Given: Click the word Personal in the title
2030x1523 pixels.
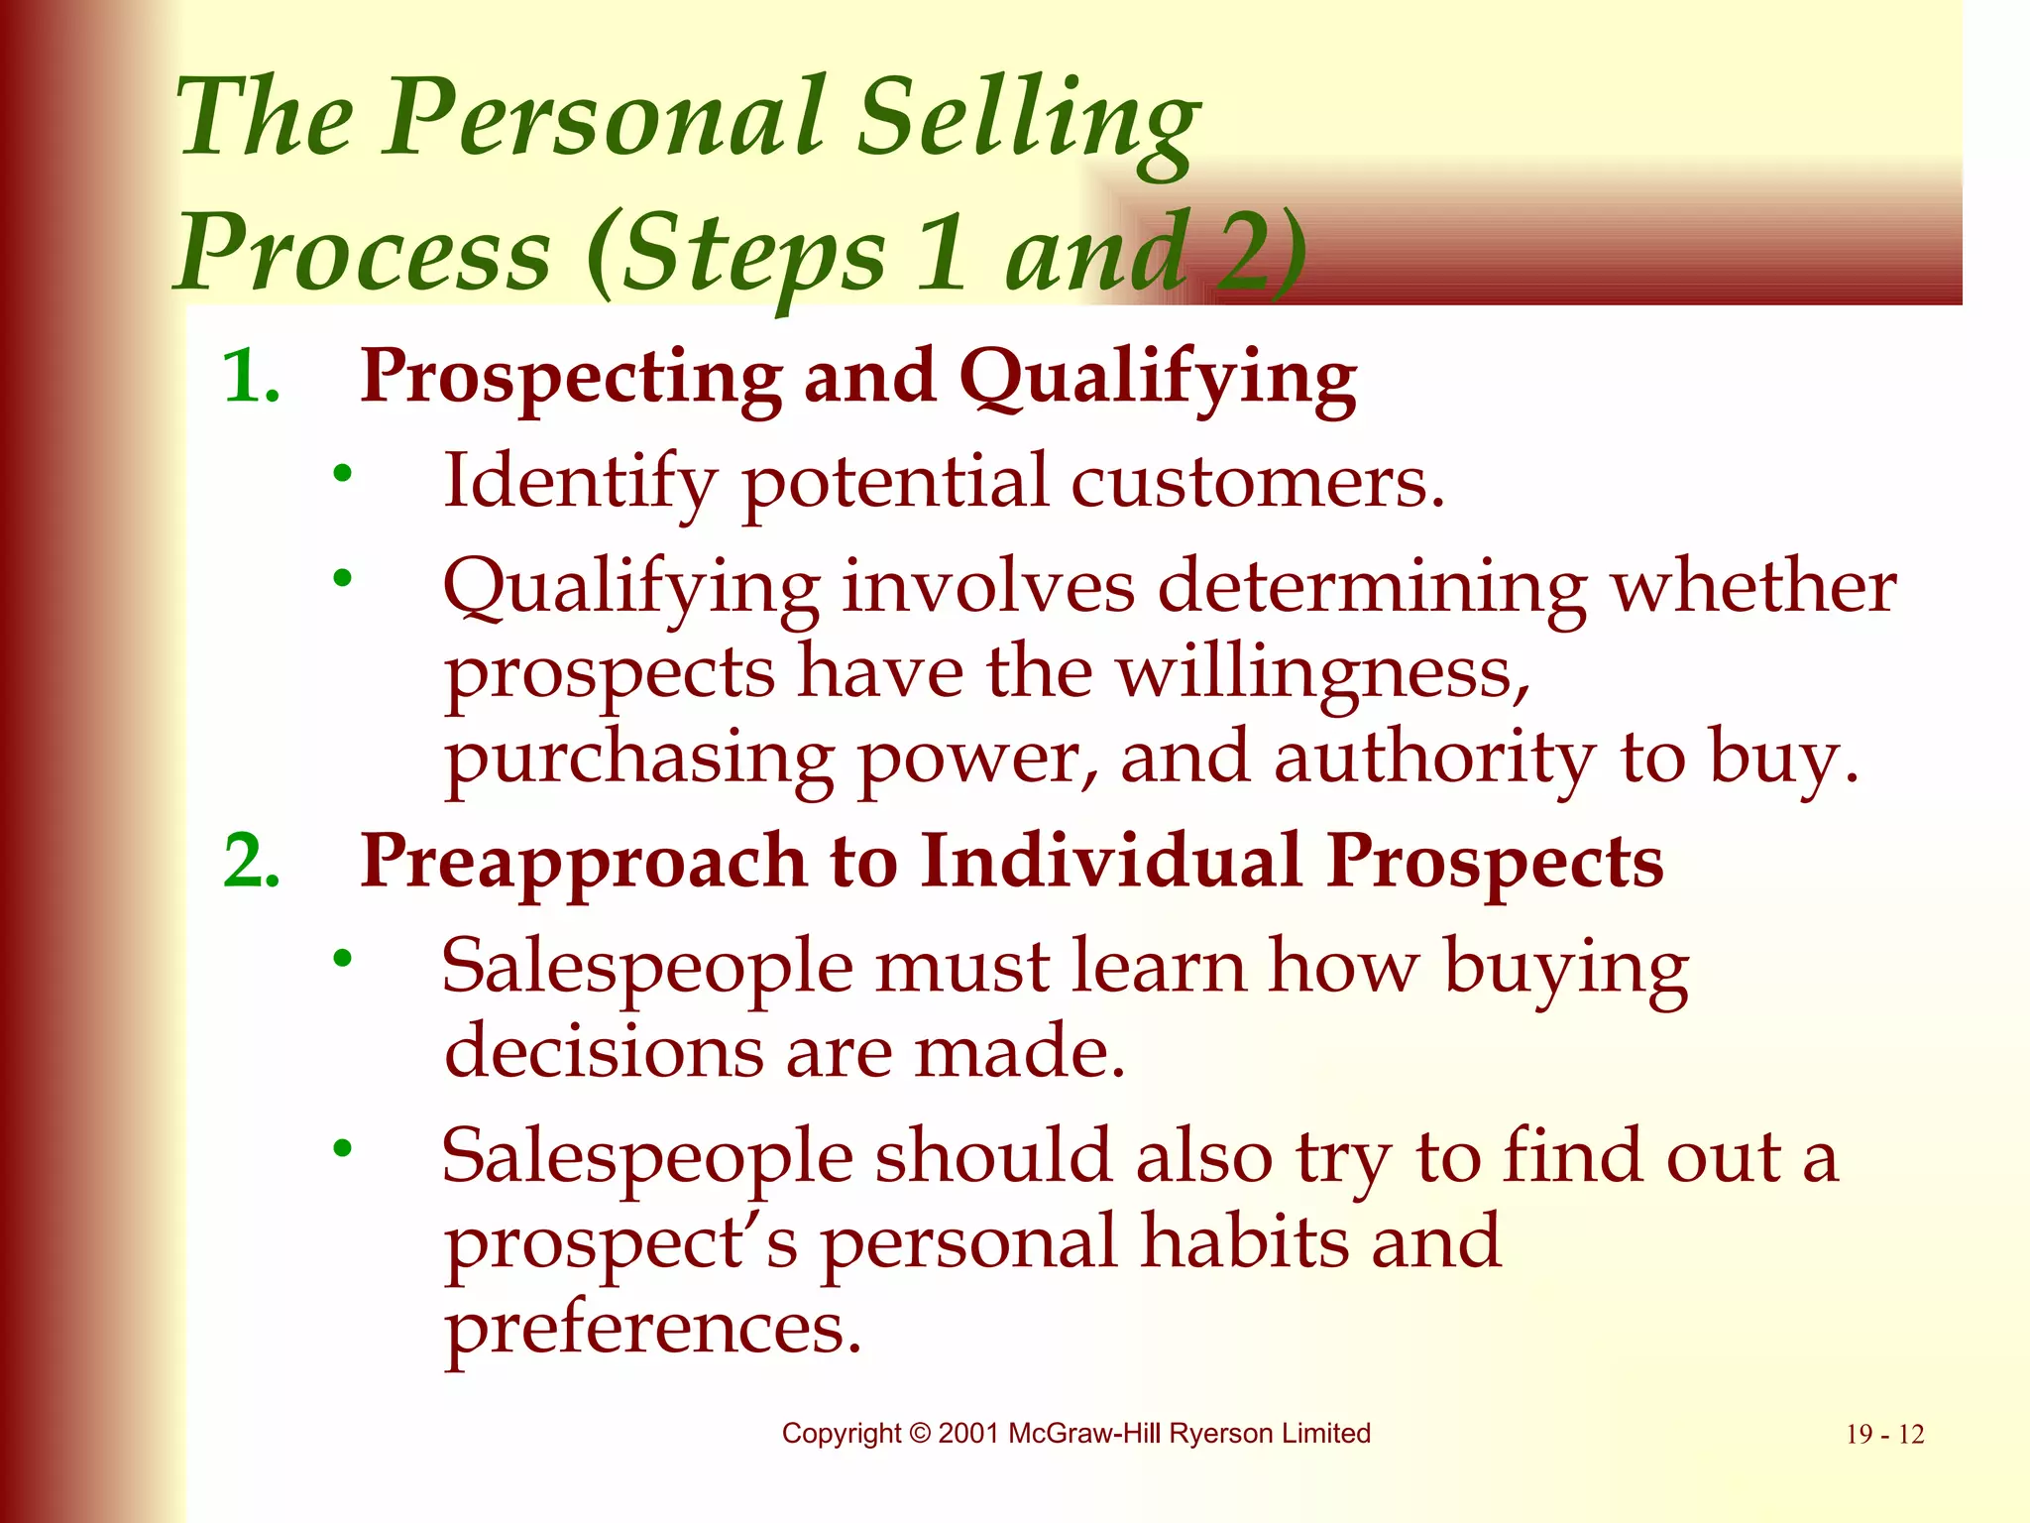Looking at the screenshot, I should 604,119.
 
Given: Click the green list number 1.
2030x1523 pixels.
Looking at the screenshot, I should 250,378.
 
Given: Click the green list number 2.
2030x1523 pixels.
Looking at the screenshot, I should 251,861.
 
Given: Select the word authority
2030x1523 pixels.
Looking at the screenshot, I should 1433,760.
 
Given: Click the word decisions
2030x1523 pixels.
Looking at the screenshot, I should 603,1051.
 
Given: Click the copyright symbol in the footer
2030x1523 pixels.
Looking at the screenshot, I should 920,1434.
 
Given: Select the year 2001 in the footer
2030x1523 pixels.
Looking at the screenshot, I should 968,1434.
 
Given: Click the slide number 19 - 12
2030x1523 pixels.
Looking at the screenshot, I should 1883,1435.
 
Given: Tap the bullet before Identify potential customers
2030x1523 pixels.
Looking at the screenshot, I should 342,474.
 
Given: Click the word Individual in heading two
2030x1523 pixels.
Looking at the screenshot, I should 1110,861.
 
